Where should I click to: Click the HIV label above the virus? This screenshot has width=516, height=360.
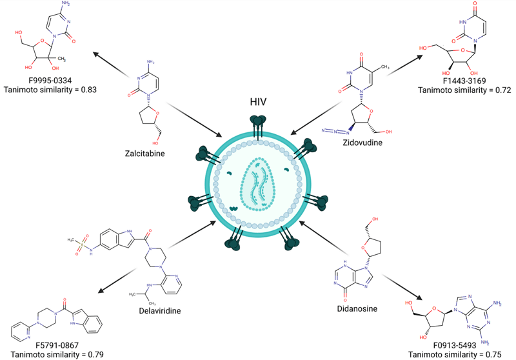[259, 103]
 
